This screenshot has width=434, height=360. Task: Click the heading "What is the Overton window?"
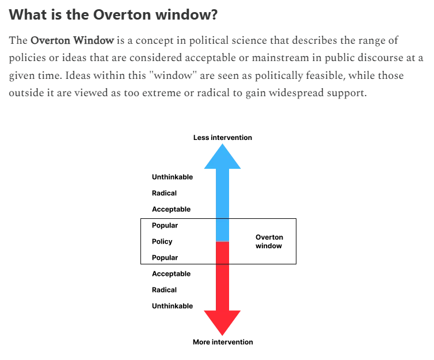pos(113,14)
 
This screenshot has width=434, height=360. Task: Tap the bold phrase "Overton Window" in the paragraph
pos(72,41)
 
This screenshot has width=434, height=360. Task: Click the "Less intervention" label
pos(222,138)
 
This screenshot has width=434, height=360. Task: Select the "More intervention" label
pos(222,342)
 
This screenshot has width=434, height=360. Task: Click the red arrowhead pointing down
pos(222,323)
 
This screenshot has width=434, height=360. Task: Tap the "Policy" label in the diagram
pos(162,241)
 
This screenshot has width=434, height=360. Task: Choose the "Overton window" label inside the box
pos(269,241)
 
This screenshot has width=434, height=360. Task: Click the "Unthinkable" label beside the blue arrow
pos(172,177)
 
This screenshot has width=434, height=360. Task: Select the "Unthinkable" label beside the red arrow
pos(172,306)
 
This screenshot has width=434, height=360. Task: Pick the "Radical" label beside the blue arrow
pos(164,193)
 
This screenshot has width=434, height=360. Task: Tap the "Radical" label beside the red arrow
pos(164,290)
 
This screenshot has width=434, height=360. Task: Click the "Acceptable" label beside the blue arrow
pos(171,209)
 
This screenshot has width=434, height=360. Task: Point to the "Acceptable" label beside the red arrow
pos(171,274)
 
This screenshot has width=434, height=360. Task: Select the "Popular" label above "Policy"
pos(165,225)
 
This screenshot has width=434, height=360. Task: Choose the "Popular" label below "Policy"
pos(165,257)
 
